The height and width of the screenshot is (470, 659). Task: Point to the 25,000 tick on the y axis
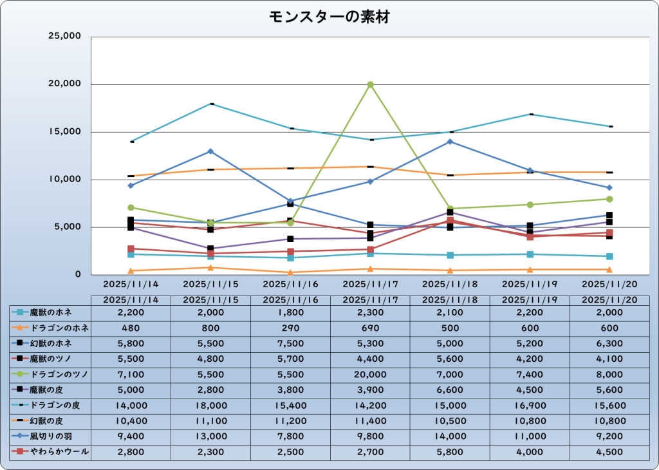(x=64, y=37)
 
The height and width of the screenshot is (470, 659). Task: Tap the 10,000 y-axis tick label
(x=64, y=180)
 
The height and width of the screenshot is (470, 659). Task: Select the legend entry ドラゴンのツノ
(x=50, y=375)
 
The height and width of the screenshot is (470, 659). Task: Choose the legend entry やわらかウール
(x=50, y=453)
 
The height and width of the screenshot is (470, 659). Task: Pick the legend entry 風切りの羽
(x=50, y=437)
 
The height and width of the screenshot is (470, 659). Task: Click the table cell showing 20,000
(x=371, y=375)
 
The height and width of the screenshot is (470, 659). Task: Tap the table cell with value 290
(x=291, y=328)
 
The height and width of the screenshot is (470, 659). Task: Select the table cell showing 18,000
(x=211, y=406)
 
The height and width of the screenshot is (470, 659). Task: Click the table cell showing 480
(x=131, y=328)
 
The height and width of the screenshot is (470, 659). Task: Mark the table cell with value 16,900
(x=530, y=406)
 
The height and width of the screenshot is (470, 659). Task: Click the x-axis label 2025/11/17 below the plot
(x=371, y=283)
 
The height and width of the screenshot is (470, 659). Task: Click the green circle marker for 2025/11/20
(x=609, y=199)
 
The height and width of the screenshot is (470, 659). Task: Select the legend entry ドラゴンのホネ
(x=50, y=328)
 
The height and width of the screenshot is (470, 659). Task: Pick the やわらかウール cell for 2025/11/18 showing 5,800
(x=450, y=453)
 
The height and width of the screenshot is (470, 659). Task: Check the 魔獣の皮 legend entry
(x=50, y=390)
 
